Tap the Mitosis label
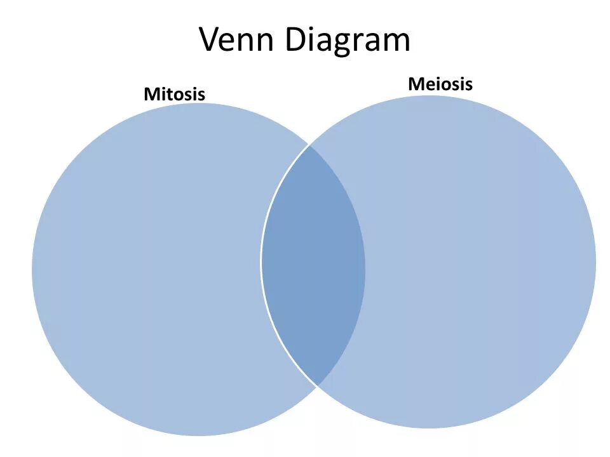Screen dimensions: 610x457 click(x=174, y=95)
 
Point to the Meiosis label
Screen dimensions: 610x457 click(x=440, y=84)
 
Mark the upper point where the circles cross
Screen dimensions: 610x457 click(x=309, y=145)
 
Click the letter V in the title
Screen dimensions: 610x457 click(x=211, y=39)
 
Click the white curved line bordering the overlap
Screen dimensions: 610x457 click(x=262, y=260)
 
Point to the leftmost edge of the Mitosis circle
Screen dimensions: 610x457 click(x=32, y=270)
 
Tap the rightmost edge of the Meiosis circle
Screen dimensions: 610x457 click(x=595, y=262)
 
